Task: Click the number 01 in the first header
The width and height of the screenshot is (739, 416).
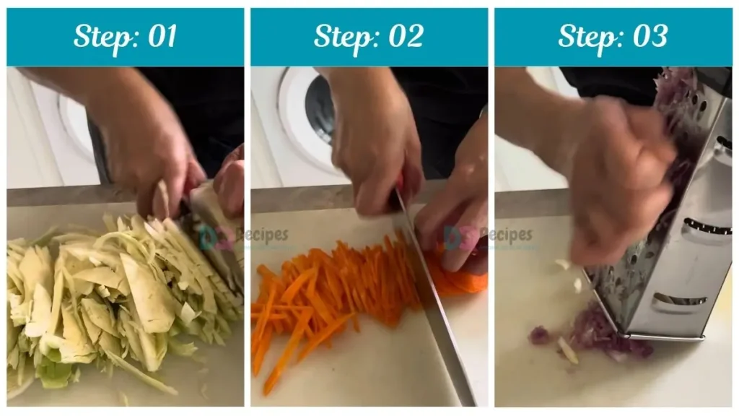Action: (x=160, y=37)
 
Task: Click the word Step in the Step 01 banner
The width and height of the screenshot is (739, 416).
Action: (x=99, y=37)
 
